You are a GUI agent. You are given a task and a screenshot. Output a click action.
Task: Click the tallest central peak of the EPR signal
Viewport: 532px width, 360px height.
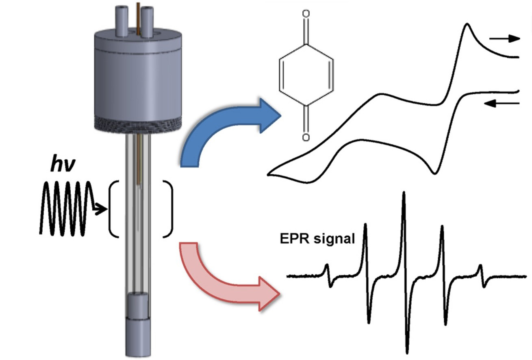pyautogui.click(x=404, y=195)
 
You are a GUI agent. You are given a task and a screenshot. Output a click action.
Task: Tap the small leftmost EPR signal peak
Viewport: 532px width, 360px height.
pyautogui.click(x=328, y=266)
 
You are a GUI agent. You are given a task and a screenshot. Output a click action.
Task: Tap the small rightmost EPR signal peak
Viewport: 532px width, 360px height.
pyautogui.click(x=480, y=267)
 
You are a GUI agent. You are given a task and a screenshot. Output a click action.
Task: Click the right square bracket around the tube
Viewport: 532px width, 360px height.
pyautogui.click(x=168, y=209)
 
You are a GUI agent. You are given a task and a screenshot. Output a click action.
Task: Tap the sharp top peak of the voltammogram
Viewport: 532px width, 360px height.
pyautogui.click(x=468, y=25)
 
